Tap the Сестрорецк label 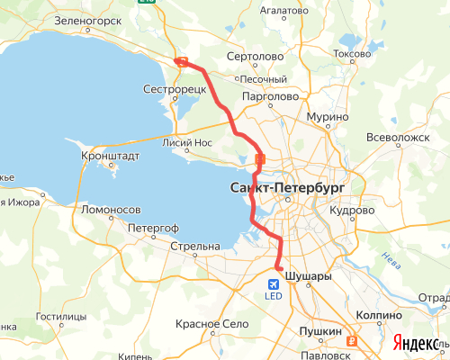(x=175, y=90)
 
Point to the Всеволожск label (x=398, y=138)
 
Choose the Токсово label (x=352, y=54)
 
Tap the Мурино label (x=326, y=118)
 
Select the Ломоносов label (x=111, y=209)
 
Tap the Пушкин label (x=320, y=332)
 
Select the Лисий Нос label (x=186, y=142)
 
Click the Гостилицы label (x=61, y=318)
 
